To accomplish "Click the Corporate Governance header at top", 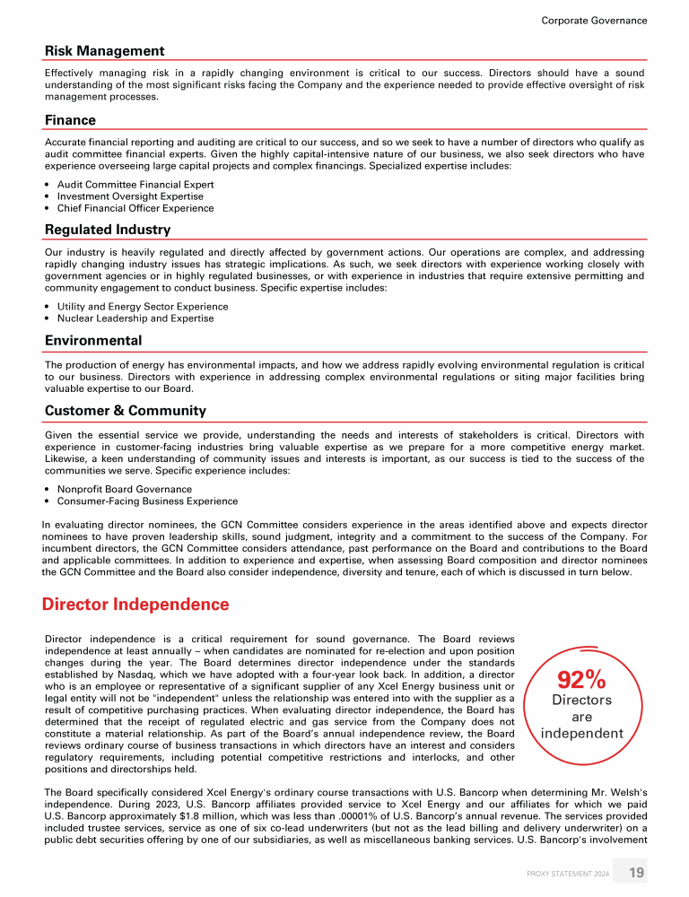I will (x=594, y=20).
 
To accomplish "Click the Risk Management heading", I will (x=104, y=51).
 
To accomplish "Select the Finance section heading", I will (x=70, y=120).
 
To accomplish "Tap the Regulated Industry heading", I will (x=107, y=230).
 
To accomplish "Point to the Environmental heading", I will (x=93, y=341).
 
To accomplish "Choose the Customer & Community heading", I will (x=125, y=411).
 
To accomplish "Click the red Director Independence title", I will (x=135, y=605).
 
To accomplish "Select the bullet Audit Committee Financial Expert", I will (x=135, y=185).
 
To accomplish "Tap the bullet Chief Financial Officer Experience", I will (x=135, y=208).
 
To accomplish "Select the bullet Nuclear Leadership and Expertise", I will (x=135, y=318).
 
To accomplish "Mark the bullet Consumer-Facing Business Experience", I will (x=147, y=501).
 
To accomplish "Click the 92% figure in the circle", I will (x=581, y=679).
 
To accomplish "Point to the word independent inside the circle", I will (x=581, y=734).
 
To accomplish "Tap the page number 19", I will (x=636, y=873).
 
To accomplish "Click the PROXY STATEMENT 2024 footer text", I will (x=567, y=874).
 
